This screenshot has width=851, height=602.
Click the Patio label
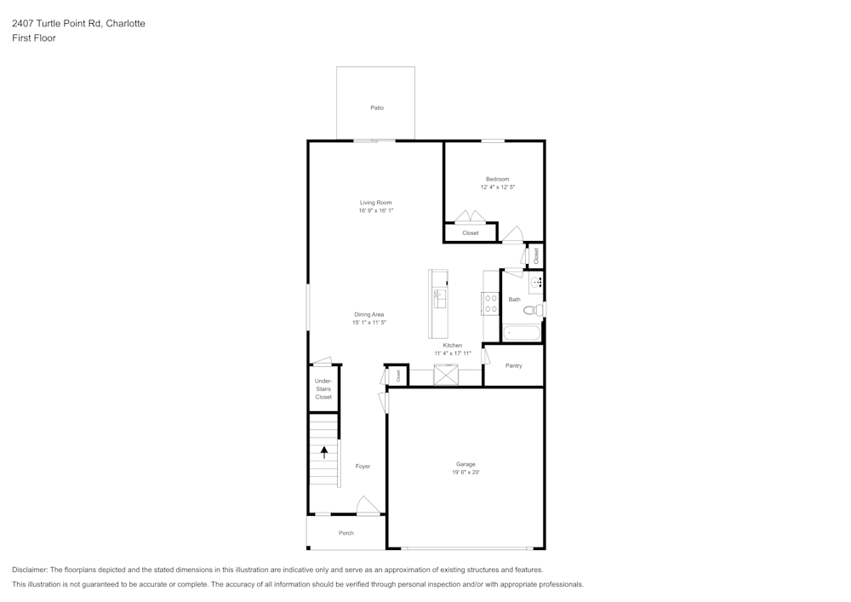(x=377, y=108)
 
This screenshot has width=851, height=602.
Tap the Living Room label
(x=375, y=203)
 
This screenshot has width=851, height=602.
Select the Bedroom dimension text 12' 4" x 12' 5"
(x=497, y=187)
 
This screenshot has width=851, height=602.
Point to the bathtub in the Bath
(x=522, y=332)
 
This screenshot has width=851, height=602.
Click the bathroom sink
(x=536, y=283)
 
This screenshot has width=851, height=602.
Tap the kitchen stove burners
(x=490, y=303)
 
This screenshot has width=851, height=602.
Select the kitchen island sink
(x=440, y=299)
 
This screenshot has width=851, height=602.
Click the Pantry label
(x=513, y=366)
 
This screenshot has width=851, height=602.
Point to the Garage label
(x=465, y=464)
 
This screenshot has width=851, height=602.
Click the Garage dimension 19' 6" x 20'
(x=465, y=473)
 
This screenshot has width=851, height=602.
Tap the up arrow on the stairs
(x=324, y=452)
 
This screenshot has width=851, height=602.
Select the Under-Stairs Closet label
(x=323, y=388)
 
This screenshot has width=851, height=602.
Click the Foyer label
(x=363, y=467)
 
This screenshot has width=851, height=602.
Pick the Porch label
(x=346, y=533)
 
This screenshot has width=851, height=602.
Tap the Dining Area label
(x=369, y=314)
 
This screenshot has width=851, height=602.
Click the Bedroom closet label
(x=471, y=232)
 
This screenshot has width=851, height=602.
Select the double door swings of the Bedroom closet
(x=470, y=216)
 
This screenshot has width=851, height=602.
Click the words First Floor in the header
(x=34, y=38)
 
